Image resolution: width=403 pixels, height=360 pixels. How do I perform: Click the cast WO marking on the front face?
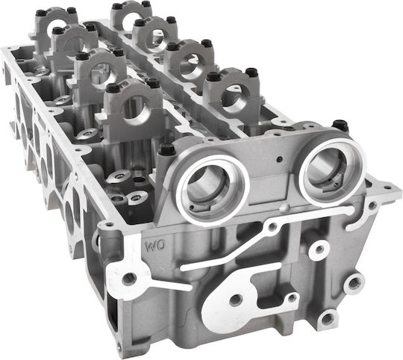(155, 246)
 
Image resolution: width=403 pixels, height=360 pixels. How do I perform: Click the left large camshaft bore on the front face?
(212, 190)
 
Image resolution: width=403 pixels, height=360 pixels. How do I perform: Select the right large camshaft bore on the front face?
(334, 172)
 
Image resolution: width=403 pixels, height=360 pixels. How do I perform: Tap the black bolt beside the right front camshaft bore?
(340, 125)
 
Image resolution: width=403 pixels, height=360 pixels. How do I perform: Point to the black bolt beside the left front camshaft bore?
(167, 149)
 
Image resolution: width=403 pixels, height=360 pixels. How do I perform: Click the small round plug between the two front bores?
(284, 207)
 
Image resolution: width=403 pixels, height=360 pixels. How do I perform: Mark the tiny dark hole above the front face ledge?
(279, 159)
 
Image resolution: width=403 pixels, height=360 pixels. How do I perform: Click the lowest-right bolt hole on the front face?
(327, 319)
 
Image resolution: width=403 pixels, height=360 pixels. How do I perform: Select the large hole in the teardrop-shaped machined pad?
(235, 300)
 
